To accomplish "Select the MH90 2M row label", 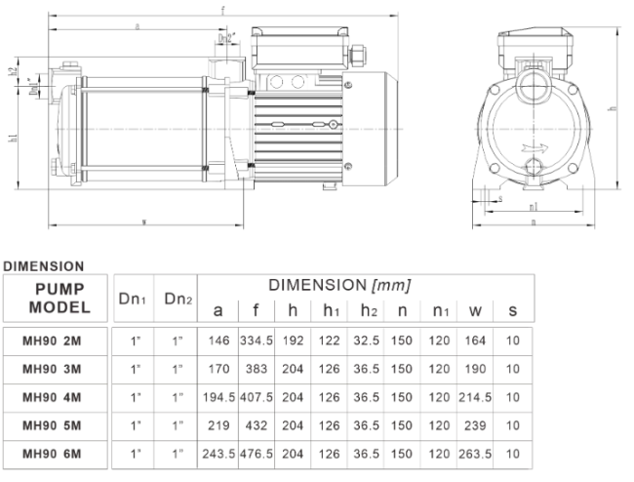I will click(55, 341).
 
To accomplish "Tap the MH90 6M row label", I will click(55, 456).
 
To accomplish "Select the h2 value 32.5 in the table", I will click(364, 341).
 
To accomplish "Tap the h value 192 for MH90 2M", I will click(295, 341).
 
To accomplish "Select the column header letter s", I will click(513, 311).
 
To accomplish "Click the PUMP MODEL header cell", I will click(57, 298).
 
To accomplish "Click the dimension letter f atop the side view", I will click(223, 9).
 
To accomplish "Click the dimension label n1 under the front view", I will click(533, 207).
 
